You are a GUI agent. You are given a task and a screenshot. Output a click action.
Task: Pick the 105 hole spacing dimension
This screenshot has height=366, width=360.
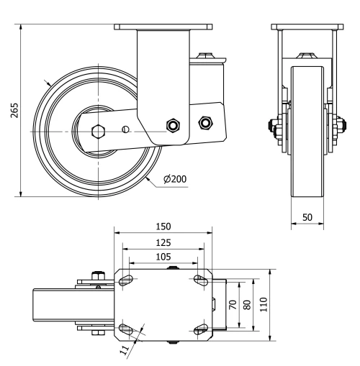[163, 257]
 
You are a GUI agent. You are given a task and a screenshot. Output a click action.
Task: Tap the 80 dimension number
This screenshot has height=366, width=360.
[249, 304]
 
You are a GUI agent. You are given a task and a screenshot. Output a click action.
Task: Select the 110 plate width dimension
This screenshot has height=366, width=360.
[264, 304]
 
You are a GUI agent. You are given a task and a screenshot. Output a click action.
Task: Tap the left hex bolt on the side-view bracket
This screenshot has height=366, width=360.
[172, 125]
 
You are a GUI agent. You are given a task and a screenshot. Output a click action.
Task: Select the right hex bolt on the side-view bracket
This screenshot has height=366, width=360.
[204, 122]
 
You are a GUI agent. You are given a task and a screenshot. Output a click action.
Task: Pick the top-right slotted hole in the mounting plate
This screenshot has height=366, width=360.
[200, 280]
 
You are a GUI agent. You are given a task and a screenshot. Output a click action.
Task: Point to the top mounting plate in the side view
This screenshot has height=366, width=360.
[163, 28]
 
